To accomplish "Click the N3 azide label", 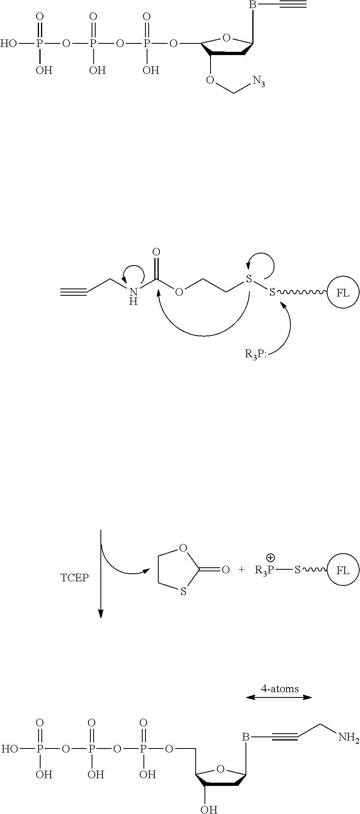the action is [x=259, y=82].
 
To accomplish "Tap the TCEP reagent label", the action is [x=74, y=578].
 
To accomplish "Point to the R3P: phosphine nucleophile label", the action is [x=256, y=355].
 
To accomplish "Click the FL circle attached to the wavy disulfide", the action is [x=343, y=292].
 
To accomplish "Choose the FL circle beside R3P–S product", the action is [x=343, y=570].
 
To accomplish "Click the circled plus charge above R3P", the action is [x=270, y=557].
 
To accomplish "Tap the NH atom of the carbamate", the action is [x=133, y=296].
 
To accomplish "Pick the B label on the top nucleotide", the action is [x=253, y=5].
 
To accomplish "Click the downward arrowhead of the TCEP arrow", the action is [x=101, y=613].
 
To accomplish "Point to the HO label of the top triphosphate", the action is [x=9, y=43].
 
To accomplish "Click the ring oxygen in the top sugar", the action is [x=226, y=39].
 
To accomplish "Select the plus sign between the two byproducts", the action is [x=241, y=570].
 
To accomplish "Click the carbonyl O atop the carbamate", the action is [x=157, y=252].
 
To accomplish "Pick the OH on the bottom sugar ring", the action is [x=209, y=808].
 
